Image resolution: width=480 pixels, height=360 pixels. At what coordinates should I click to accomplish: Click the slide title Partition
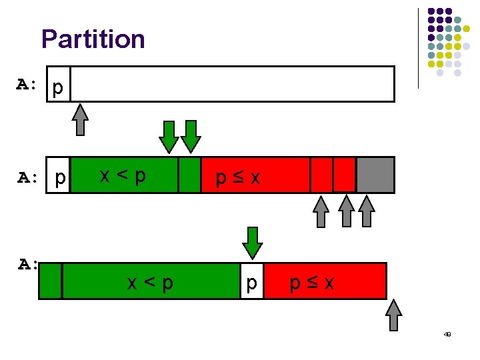[93, 39]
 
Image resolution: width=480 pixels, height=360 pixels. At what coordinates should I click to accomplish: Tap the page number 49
[447, 335]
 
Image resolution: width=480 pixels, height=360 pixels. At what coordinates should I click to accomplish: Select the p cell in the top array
[58, 88]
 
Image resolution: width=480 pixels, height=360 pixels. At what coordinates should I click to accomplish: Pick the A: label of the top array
[29, 85]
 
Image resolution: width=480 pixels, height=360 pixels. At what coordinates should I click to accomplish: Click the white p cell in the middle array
[60, 179]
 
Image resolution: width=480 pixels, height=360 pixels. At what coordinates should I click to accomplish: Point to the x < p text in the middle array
[123, 175]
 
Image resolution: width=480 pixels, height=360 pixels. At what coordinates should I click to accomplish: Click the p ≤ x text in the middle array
[237, 178]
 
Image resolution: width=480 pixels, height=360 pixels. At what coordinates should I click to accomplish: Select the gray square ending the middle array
[375, 175]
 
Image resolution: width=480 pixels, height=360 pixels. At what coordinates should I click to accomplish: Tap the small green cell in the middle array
[190, 175]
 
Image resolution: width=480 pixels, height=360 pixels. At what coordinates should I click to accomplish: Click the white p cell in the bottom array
[252, 283]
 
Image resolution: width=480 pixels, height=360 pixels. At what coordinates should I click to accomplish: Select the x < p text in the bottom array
[151, 283]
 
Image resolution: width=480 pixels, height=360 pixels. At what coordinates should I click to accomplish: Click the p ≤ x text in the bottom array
[311, 283]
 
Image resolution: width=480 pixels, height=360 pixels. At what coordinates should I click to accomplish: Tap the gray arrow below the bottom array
[395, 315]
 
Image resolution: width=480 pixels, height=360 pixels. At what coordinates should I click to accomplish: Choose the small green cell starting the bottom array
[51, 281]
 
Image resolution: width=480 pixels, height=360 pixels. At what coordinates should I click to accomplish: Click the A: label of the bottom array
[29, 265]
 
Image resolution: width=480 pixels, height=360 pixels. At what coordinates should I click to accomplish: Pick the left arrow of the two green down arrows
[169, 136]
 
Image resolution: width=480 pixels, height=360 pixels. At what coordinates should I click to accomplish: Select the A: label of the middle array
[29, 178]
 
